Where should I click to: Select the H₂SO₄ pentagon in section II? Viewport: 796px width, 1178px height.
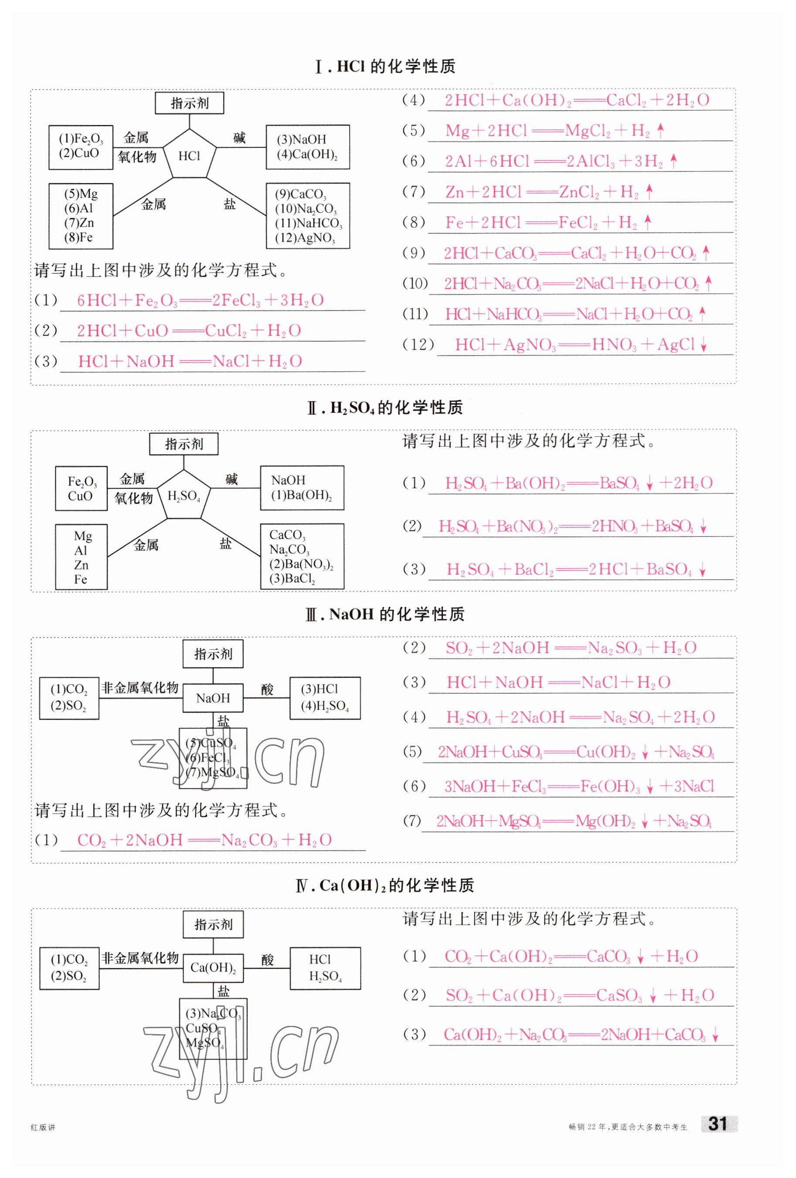point(184,496)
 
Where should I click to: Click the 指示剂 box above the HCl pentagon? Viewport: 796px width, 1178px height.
point(189,103)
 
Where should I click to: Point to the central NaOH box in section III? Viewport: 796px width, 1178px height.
point(213,698)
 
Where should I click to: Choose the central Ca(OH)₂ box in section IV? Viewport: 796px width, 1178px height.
point(213,968)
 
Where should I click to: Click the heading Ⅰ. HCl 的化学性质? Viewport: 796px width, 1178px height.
point(385,66)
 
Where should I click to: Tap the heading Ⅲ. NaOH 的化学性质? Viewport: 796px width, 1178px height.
point(385,614)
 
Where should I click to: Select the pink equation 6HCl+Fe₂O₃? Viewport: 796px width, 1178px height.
point(200,301)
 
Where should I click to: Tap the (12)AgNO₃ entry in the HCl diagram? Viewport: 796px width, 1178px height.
point(305,238)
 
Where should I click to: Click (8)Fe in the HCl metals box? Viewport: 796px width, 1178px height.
point(78,237)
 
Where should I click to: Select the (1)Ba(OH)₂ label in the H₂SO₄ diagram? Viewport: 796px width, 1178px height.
point(301,495)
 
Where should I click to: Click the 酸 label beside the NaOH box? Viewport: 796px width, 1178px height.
point(267,689)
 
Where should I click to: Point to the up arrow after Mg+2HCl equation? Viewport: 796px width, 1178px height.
point(660,131)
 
